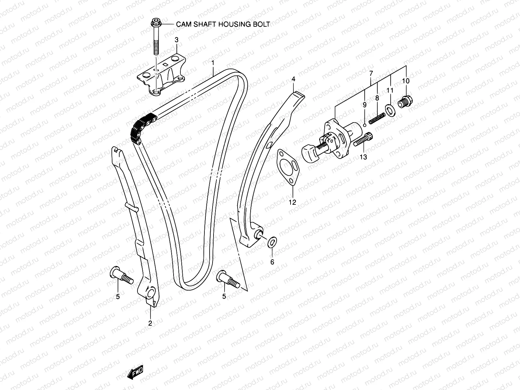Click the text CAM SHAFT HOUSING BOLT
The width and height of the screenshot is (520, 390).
coord(223,24)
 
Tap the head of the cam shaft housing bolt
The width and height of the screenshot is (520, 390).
coord(155,24)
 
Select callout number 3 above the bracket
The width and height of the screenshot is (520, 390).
coord(176,40)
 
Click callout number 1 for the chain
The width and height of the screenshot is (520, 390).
coord(213,62)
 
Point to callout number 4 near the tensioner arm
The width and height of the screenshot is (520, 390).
coord(293,79)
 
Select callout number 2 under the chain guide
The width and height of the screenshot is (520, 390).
coord(150,323)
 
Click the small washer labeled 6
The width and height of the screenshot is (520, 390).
coord(272,242)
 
